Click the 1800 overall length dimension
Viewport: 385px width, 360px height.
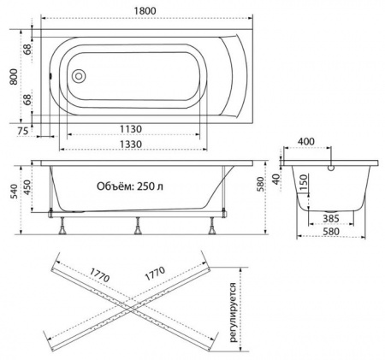(x=145, y=10)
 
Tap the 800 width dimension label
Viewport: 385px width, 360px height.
(x=14, y=77)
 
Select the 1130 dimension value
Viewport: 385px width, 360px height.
(x=131, y=129)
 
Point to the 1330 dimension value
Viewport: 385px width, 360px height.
(x=131, y=144)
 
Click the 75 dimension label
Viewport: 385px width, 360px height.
(x=23, y=131)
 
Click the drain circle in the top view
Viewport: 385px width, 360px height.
(x=79, y=76)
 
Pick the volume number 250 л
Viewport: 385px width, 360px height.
(x=151, y=186)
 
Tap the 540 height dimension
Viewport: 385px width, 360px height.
(x=14, y=192)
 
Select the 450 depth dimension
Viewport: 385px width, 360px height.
(x=27, y=187)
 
